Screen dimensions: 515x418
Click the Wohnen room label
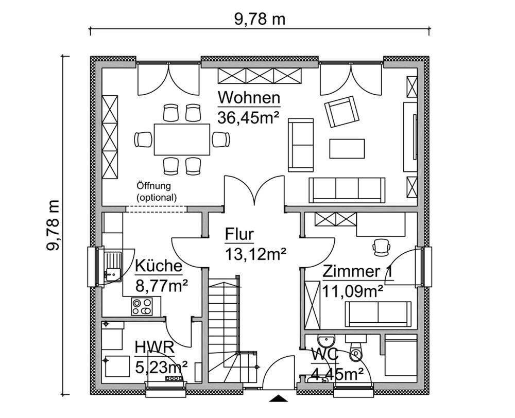click(x=249, y=98)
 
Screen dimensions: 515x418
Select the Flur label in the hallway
click(x=239, y=234)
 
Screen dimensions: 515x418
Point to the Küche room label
click(x=158, y=266)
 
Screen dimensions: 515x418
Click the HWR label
click(x=154, y=347)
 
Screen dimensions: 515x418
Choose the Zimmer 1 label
click(x=357, y=272)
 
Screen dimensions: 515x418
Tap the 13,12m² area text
click(x=255, y=254)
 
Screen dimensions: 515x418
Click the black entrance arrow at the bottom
click(x=278, y=398)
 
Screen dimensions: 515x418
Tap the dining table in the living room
click(x=182, y=139)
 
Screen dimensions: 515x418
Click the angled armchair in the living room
click(x=341, y=111)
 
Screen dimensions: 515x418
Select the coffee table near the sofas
click(x=347, y=149)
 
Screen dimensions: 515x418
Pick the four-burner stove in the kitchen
click(x=142, y=306)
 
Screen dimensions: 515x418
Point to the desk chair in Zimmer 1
click(x=381, y=247)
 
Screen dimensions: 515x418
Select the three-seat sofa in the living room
click(x=347, y=190)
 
